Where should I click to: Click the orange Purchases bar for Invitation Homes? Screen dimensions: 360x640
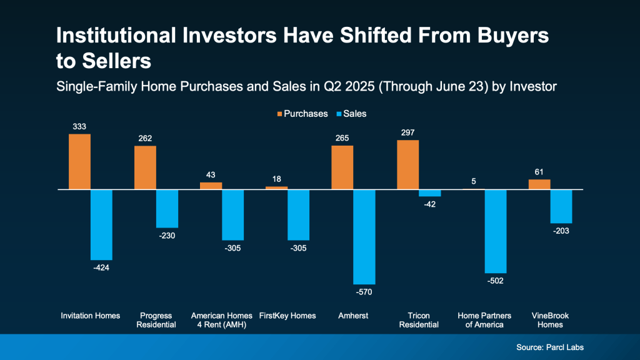79,161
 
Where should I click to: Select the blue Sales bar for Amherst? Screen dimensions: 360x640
364,236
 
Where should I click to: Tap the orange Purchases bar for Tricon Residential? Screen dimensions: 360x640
407,164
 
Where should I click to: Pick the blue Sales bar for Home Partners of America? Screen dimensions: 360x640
496,231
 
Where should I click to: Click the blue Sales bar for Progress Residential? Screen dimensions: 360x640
167,208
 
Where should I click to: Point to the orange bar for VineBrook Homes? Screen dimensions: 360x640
539,184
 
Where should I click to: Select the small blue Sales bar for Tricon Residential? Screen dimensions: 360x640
429,193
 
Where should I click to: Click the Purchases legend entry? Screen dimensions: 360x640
301,114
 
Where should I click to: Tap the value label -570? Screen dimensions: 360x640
364,292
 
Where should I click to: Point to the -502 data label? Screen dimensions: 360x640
495,281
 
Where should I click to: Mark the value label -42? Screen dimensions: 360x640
429,204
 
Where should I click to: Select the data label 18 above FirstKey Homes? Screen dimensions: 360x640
276,179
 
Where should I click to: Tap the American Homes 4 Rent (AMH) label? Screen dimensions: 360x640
222,320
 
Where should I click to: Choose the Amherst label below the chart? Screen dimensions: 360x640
353,316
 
